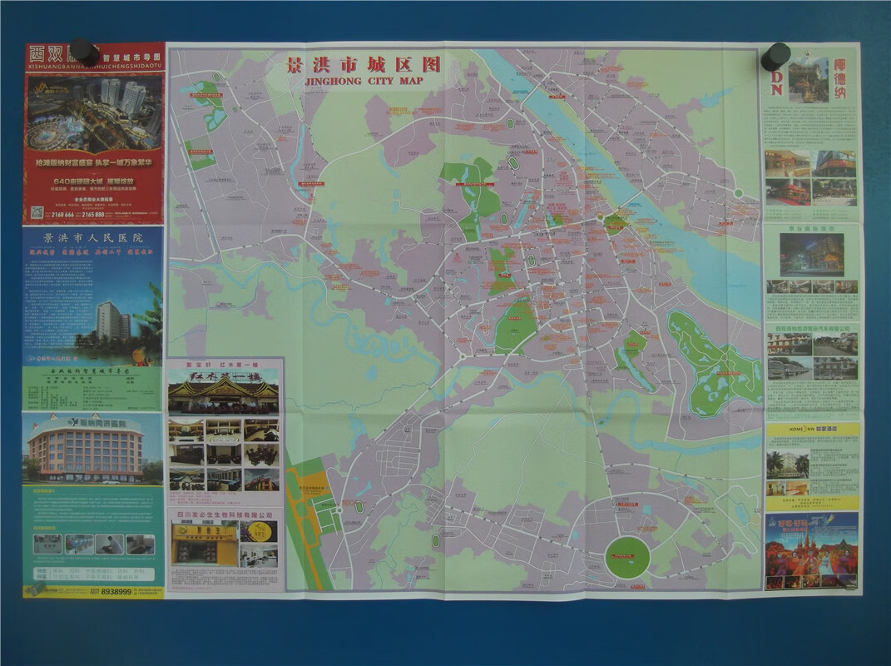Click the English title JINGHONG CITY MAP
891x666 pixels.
pyautogui.click(x=364, y=81)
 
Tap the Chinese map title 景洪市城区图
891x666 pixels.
pyautogui.click(x=363, y=65)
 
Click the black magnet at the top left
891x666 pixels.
pyautogui.click(x=82, y=52)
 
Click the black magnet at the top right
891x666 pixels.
pyautogui.click(x=775, y=57)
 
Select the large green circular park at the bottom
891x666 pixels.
pyautogui.click(x=626, y=557)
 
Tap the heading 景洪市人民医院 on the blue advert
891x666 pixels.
pyautogui.click(x=92, y=238)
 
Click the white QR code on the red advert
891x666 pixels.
pyautogui.click(x=37, y=212)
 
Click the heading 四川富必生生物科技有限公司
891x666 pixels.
pyautogui.click(x=225, y=515)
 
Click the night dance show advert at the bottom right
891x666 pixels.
pyautogui.click(x=811, y=550)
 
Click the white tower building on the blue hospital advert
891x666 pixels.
pyautogui.click(x=111, y=321)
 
